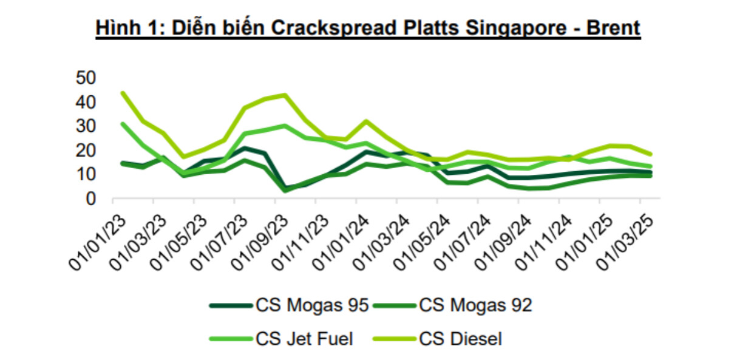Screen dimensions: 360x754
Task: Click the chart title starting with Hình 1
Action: pyautogui.click(x=368, y=28)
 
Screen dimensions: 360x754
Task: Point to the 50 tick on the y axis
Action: pyautogui.click(x=86, y=78)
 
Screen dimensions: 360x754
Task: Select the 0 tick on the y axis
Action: pyautogui.click(x=92, y=199)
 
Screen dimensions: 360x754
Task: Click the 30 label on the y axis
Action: pyautogui.click(x=86, y=126)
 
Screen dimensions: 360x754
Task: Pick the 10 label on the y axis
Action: pyautogui.click(x=86, y=174)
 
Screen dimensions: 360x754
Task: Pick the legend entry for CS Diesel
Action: pyautogui.click(x=460, y=338)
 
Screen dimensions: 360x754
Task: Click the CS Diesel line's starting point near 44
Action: pyautogui.click(x=123, y=93)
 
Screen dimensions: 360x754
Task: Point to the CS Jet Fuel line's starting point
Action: pyautogui.click(x=123, y=124)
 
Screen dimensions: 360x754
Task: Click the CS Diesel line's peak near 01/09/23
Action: pyautogui.click(x=285, y=95)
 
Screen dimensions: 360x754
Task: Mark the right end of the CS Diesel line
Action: pyautogui.click(x=650, y=154)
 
